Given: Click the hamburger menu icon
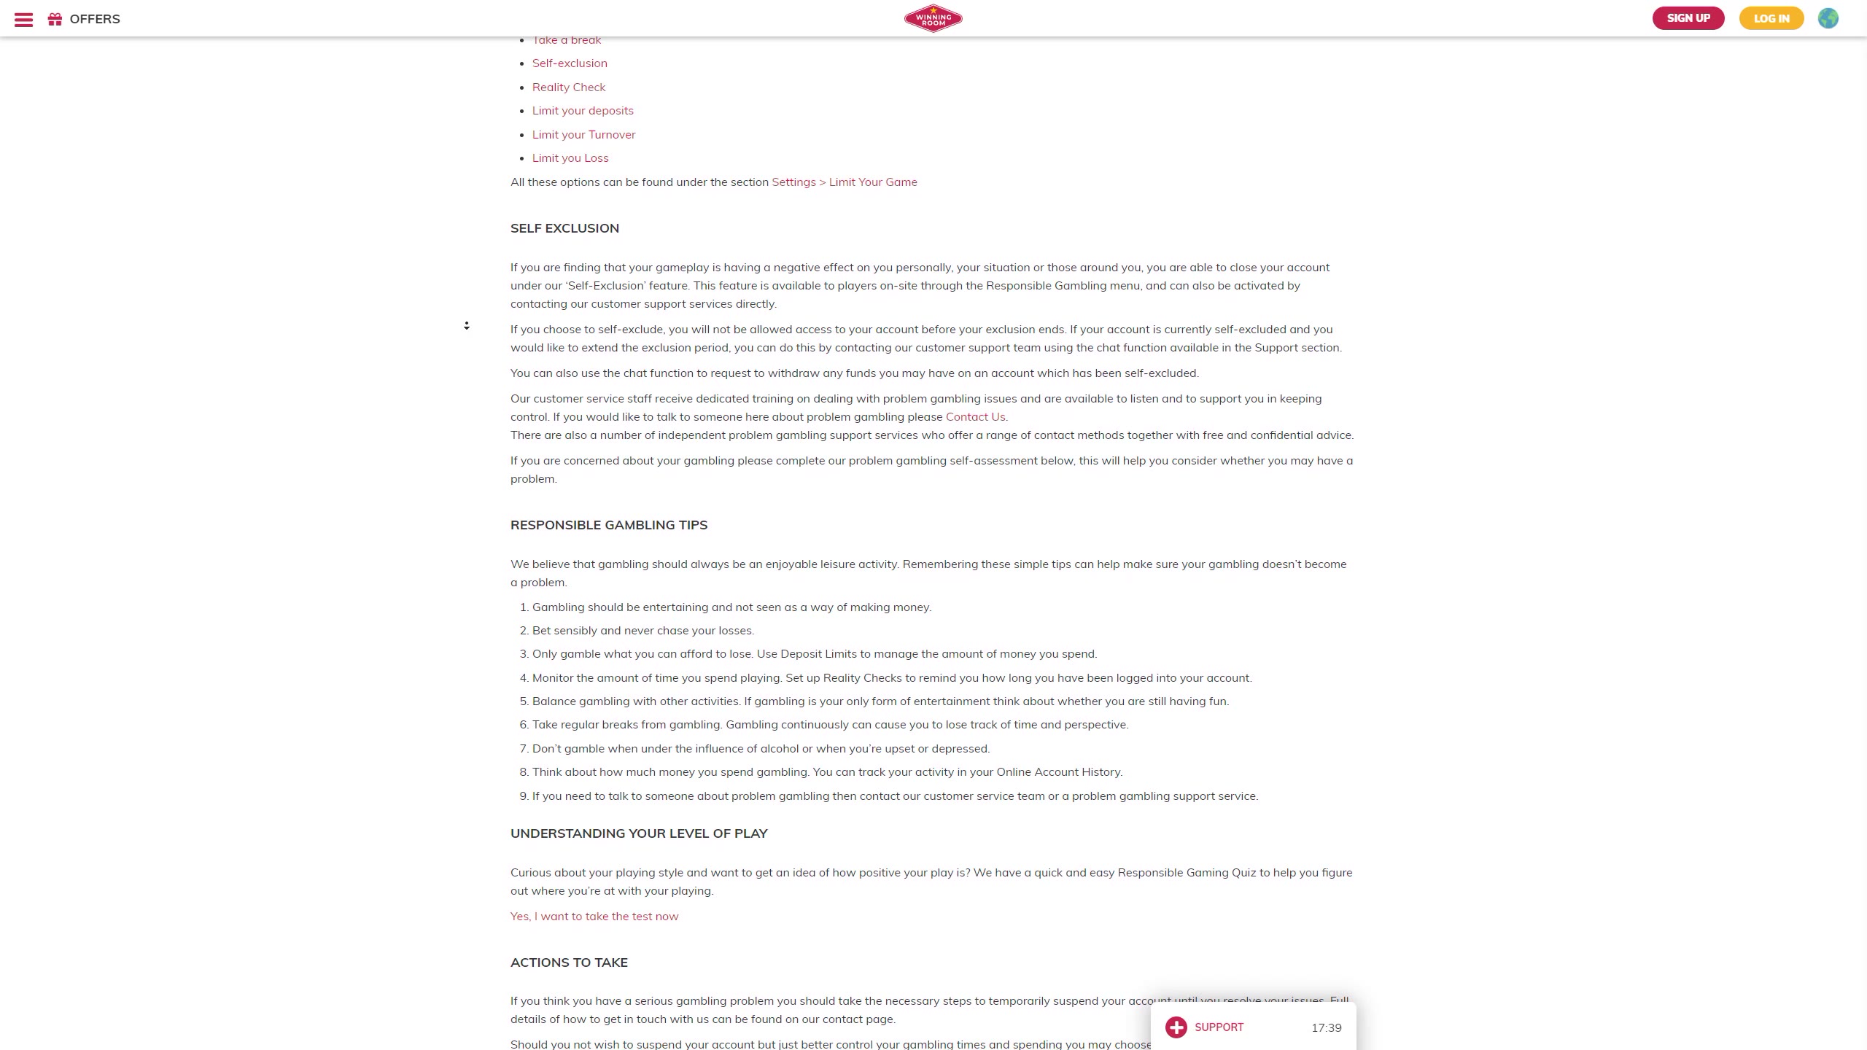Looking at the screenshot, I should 23,20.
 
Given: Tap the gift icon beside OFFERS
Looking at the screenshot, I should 55,19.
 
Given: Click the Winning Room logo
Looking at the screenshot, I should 933,18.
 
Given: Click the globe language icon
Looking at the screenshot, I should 1828,18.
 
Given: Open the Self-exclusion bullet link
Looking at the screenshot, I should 570,63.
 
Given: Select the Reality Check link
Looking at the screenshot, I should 569,87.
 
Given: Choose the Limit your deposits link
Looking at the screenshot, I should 583,111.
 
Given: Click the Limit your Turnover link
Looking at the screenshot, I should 583,135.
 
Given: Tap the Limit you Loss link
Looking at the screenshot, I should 570,158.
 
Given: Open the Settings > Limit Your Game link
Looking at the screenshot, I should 845,182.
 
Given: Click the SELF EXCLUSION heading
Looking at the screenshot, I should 564,228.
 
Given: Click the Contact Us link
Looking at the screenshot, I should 975,417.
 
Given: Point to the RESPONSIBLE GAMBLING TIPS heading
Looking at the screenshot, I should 609,525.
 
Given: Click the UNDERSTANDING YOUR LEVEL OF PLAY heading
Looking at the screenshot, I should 639,833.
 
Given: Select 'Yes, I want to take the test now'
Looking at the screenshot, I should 594,917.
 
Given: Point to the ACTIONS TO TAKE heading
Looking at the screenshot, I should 569,962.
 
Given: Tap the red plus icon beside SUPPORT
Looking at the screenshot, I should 1176,1027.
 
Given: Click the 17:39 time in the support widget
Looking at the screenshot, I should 1326,1028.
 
